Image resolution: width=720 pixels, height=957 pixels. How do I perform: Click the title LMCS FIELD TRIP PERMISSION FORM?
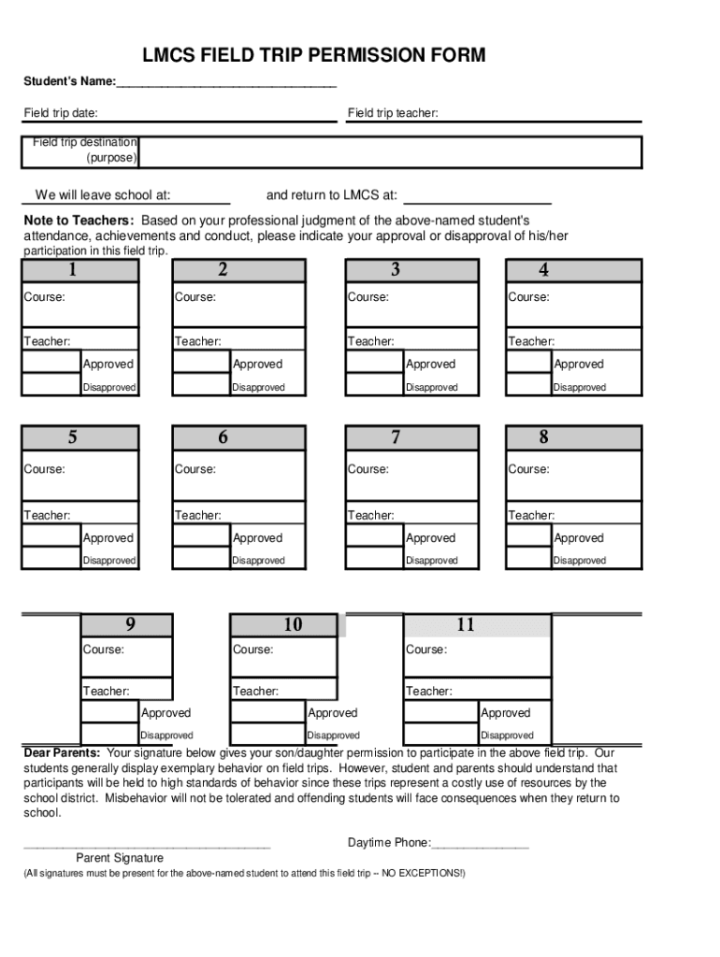click(313, 56)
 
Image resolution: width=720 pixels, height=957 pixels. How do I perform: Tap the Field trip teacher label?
click(393, 114)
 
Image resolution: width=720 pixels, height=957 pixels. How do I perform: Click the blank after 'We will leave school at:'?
click(201, 196)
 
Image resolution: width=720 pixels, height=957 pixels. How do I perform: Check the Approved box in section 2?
click(201, 364)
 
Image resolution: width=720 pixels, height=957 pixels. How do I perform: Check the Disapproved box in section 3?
click(374, 386)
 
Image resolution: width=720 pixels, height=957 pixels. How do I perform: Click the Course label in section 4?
click(528, 297)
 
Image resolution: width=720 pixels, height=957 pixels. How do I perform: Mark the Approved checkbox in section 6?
click(201, 537)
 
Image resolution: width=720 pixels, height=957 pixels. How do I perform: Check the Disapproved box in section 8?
click(528, 560)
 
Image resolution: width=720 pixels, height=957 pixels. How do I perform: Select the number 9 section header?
click(129, 625)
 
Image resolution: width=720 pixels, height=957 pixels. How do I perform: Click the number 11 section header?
click(465, 625)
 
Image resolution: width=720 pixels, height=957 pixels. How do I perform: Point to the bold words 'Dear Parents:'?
click(62, 752)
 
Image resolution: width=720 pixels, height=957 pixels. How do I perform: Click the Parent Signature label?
click(120, 858)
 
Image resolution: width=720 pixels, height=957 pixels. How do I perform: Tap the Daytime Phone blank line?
click(481, 844)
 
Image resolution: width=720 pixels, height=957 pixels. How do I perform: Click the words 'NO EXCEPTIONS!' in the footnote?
click(424, 873)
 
